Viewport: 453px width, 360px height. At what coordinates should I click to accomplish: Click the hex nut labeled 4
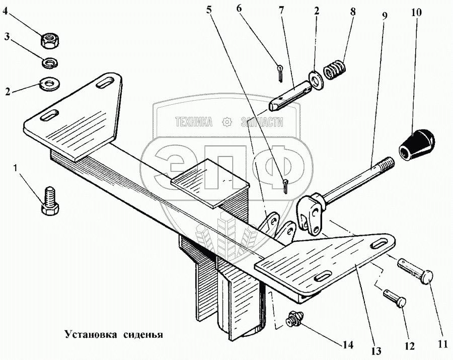coord(50,39)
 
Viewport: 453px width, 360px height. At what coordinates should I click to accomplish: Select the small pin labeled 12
coord(396,297)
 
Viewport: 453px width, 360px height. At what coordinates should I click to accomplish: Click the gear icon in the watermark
coord(227,121)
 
